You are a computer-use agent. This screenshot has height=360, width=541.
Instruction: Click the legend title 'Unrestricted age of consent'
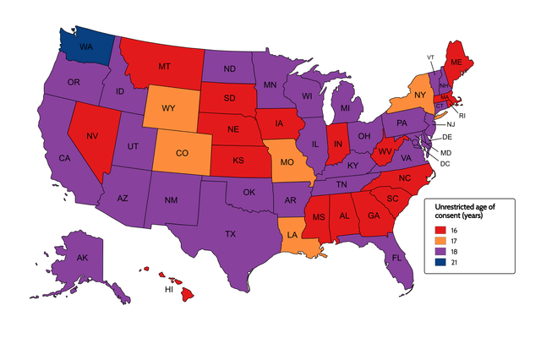click(466, 210)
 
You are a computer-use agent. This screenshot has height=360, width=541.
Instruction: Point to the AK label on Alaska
click(82, 258)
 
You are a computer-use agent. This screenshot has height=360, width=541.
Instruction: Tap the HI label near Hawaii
click(168, 288)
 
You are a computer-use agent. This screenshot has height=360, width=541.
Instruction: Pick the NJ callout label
click(451, 124)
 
